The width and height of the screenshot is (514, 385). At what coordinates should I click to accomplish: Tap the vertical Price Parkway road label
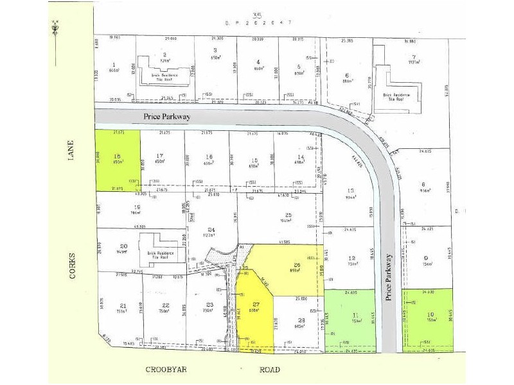point(389,277)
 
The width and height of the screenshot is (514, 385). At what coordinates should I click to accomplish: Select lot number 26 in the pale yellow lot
point(297,264)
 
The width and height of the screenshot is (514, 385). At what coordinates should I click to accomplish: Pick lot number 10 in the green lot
point(429,314)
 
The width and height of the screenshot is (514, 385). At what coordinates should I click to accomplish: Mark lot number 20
point(123,246)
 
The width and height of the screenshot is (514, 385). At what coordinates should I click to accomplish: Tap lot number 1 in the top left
point(113,64)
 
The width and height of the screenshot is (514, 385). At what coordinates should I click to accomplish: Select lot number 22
point(165,305)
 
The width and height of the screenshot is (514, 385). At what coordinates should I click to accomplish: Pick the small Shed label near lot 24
point(191,217)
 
